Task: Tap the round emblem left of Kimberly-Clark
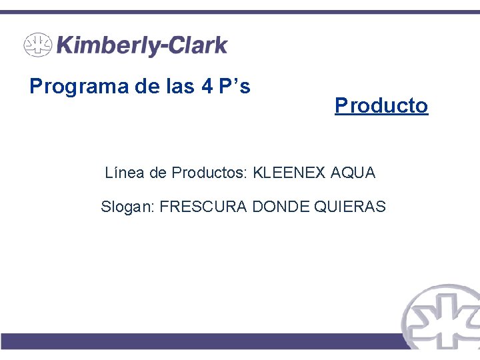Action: click(37, 46)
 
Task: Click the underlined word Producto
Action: click(381, 105)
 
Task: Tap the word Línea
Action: click(125, 173)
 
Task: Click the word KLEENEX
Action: click(289, 173)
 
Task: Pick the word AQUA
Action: click(353, 173)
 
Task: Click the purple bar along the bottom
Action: click(200, 341)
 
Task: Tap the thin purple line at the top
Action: click(240, 12)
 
